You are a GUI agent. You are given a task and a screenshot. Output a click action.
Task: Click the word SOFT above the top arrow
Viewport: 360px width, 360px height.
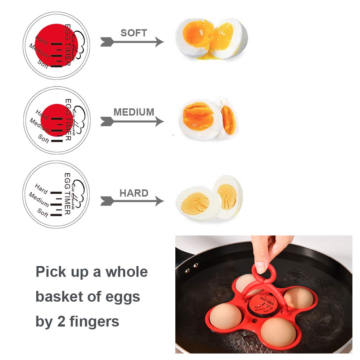point(134,33)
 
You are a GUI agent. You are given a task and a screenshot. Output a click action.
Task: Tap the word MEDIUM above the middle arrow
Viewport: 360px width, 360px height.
point(134,112)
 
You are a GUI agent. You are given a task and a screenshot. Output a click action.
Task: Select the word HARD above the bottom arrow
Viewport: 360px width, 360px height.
point(134,193)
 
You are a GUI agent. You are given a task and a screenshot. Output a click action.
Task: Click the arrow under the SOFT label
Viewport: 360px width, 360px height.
point(132,42)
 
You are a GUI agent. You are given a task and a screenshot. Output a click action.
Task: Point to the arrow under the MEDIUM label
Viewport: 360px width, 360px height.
point(132,121)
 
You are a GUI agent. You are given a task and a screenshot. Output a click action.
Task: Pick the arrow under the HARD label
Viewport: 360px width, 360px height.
point(132,201)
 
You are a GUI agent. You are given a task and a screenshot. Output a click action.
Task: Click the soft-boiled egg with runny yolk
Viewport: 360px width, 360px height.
point(211,39)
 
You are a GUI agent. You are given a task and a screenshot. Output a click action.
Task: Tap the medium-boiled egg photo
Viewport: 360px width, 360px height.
point(208,119)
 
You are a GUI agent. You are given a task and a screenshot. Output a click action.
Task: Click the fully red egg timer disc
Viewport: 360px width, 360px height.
point(56,45)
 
